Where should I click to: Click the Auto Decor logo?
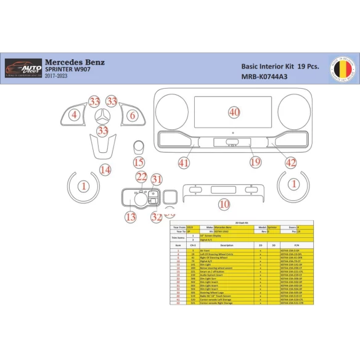23,67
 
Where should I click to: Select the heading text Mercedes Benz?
75,62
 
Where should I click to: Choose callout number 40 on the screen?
234,112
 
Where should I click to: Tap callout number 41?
183,163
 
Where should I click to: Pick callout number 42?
291,163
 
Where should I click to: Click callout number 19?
255,162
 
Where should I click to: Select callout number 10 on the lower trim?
224,203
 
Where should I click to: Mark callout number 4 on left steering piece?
74,115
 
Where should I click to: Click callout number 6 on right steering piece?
131,115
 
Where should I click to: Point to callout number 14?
105,170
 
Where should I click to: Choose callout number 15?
139,163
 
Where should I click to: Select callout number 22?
142,178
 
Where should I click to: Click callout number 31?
157,179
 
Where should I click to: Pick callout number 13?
131,216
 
